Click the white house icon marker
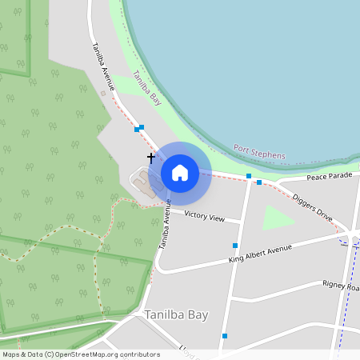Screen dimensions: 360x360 click(180, 173)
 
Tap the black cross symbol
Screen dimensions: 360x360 click(150, 158)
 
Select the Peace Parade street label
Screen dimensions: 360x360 click(329, 175)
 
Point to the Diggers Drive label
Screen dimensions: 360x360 click(312, 206)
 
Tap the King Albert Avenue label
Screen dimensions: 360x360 click(259, 254)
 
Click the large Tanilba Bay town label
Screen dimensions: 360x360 click(176, 315)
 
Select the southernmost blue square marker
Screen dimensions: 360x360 click(225, 336)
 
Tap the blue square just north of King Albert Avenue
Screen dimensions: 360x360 click(235, 246)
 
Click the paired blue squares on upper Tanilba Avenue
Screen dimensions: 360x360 click(139, 128)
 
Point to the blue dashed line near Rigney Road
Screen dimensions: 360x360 click(346, 304)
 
